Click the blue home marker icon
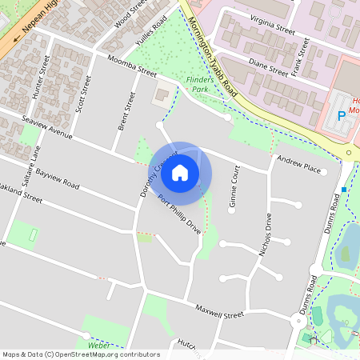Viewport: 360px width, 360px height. pyautogui.click(x=180, y=172)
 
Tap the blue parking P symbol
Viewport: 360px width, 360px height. pyautogui.click(x=342, y=115)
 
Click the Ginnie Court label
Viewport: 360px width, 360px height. pyautogui.click(x=234, y=187)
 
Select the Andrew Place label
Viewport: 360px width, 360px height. pyautogui.click(x=298, y=166)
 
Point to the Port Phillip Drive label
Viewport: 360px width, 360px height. pyautogui.click(x=179, y=214)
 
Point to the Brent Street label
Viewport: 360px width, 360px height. pyautogui.click(x=123, y=111)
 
